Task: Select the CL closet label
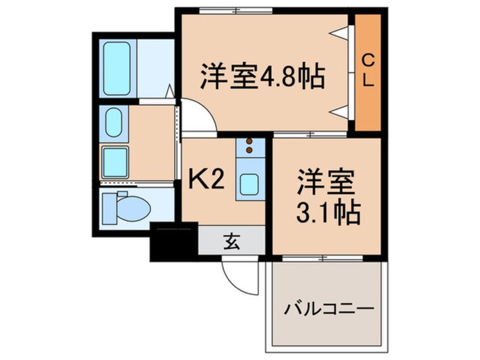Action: (x=368, y=70)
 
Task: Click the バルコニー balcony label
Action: (x=329, y=310)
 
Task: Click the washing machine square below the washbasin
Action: (x=115, y=161)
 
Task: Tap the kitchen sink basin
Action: (x=250, y=184)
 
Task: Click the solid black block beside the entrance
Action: (x=173, y=242)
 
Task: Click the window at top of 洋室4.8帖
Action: (x=235, y=10)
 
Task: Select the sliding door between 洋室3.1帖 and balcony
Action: (x=323, y=258)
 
